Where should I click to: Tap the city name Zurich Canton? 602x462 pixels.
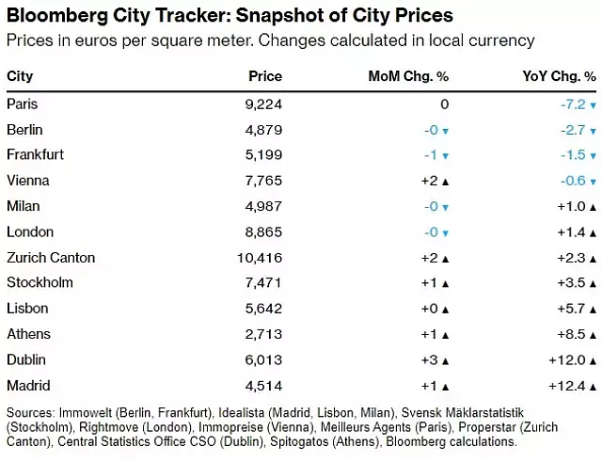(x=51, y=257)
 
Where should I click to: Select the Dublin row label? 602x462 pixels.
(x=26, y=359)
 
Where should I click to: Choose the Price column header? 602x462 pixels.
(x=264, y=76)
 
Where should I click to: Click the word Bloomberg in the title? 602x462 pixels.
(x=56, y=16)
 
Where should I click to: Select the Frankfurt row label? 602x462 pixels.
(x=35, y=154)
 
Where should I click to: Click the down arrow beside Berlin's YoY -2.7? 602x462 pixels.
(x=594, y=130)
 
